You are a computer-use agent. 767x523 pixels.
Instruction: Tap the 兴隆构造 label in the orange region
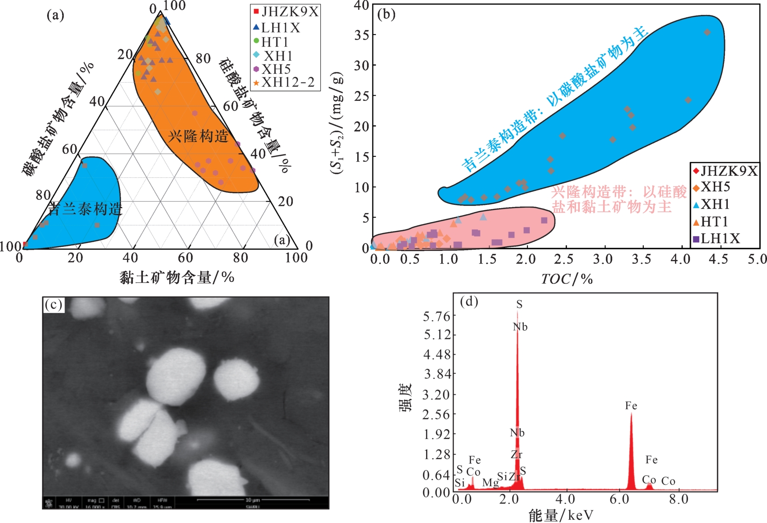coord(198,136)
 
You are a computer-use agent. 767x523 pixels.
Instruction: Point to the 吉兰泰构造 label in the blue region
coord(85,209)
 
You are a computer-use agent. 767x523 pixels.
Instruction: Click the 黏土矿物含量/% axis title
coord(177,278)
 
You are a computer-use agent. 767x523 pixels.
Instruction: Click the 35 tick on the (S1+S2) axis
coord(362,35)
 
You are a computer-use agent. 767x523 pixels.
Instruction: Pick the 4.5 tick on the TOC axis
coord(718,259)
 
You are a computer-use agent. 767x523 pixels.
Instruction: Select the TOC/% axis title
coord(567,279)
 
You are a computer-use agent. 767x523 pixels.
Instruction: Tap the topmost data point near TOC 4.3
coord(707,32)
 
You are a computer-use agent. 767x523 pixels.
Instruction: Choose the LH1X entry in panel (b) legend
coord(720,239)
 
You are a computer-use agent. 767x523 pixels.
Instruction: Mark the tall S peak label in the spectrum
coord(519,305)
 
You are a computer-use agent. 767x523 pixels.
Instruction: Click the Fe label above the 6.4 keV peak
coord(631,406)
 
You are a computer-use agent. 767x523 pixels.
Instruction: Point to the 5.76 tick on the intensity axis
coord(436,317)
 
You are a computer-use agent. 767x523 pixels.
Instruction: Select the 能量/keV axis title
coord(561,515)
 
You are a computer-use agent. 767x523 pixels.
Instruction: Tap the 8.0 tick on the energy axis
coord(678,499)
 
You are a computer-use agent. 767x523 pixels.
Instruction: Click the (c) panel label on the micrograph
coord(53,305)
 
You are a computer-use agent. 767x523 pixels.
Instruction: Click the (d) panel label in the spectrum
coord(469,301)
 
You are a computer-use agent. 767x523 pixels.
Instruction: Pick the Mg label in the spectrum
coord(490,482)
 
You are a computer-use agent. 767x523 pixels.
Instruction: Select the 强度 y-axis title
coord(405,397)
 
